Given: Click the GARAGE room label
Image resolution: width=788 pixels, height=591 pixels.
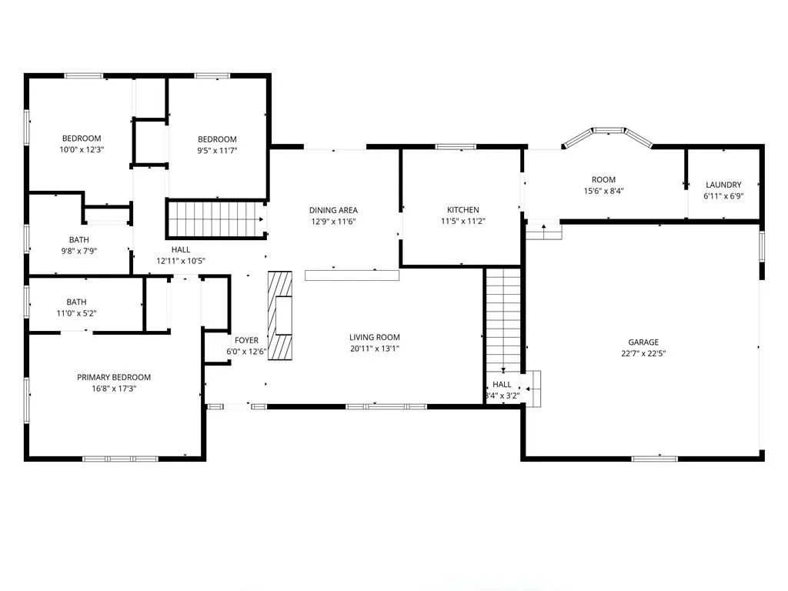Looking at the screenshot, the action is pyautogui.click(x=643, y=342).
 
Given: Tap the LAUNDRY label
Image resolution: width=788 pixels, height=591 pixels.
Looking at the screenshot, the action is pyautogui.click(x=723, y=185).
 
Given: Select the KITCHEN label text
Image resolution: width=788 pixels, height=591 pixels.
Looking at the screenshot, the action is pyautogui.click(x=462, y=210).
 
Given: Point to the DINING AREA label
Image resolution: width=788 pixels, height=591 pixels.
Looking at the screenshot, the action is pyautogui.click(x=333, y=211).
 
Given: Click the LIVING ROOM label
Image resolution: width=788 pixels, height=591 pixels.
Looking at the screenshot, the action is pyautogui.click(x=375, y=338).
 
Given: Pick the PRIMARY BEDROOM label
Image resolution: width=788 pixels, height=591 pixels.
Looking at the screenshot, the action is pyautogui.click(x=114, y=377).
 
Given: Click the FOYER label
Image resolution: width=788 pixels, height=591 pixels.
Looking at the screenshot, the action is pyautogui.click(x=246, y=341).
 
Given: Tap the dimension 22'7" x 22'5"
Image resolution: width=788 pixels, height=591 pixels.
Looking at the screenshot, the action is pyautogui.click(x=643, y=354).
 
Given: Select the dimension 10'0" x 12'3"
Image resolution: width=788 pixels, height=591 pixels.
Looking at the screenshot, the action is pyautogui.click(x=82, y=150).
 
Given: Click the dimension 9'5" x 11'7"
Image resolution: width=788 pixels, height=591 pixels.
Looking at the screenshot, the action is pyautogui.click(x=217, y=151).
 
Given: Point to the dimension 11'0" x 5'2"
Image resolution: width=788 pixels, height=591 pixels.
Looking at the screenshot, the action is pyautogui.click(x=76, y=314).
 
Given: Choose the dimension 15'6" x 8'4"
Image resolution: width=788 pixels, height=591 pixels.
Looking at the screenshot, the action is pyautogui.click(x=603, y=191).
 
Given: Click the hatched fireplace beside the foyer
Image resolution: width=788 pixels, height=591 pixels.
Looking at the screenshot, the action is pyautogui.click(x=280, y=316).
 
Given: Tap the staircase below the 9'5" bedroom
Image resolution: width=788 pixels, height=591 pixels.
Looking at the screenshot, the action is pyautogui.click(x=216, y=219).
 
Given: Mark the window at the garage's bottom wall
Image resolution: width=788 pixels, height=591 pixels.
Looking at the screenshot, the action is pyautogui.click(x=654, y=459).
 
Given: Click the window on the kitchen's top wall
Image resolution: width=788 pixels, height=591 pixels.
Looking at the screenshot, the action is pyautogui.click(x=456, y=147).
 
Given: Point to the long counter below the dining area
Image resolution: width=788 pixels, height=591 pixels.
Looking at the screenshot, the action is pyautogui.click(x=352, y=275).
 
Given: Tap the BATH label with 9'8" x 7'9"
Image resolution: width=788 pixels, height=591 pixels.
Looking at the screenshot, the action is pyautogui.click(x=79, y=240).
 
